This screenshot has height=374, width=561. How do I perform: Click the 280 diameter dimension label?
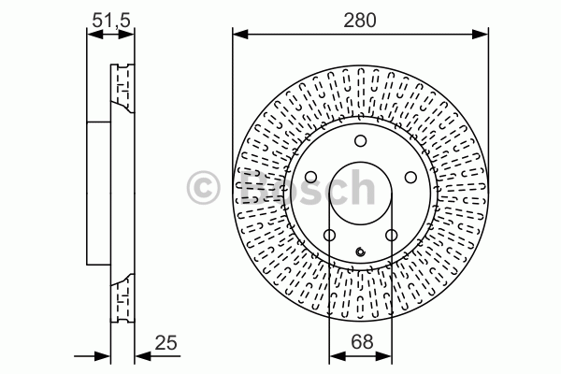[x=360, y=20]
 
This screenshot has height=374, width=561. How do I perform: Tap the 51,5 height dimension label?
[x=111, y=20]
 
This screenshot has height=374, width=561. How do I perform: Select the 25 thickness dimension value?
[x=166, y=342]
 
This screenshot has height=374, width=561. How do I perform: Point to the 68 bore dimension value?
[x=362, y=341]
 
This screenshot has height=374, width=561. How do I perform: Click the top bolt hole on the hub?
[x=361, y=140]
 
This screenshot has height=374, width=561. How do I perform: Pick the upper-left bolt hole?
[x=311, y=177]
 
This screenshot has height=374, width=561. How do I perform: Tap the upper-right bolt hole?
[x=410, y=177]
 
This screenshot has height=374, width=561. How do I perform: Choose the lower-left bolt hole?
[x=329, y=235]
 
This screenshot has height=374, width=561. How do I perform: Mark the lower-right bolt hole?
[x=392, y=235]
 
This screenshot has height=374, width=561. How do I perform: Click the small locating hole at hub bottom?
[x=361, y=252]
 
